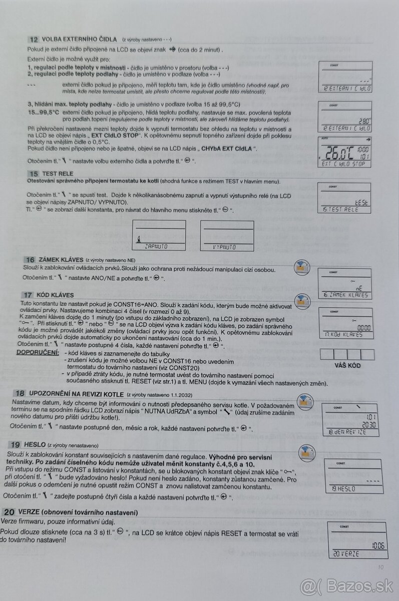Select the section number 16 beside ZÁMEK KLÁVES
click(30, 259)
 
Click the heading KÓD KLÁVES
click(56, 295)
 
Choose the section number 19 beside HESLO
click(16, 444)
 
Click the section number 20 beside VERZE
click(9, 512)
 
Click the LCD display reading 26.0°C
click(345, 151)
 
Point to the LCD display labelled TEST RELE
click(344, 197)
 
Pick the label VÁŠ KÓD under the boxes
click(347, 366)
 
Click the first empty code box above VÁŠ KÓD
click(327, 355)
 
